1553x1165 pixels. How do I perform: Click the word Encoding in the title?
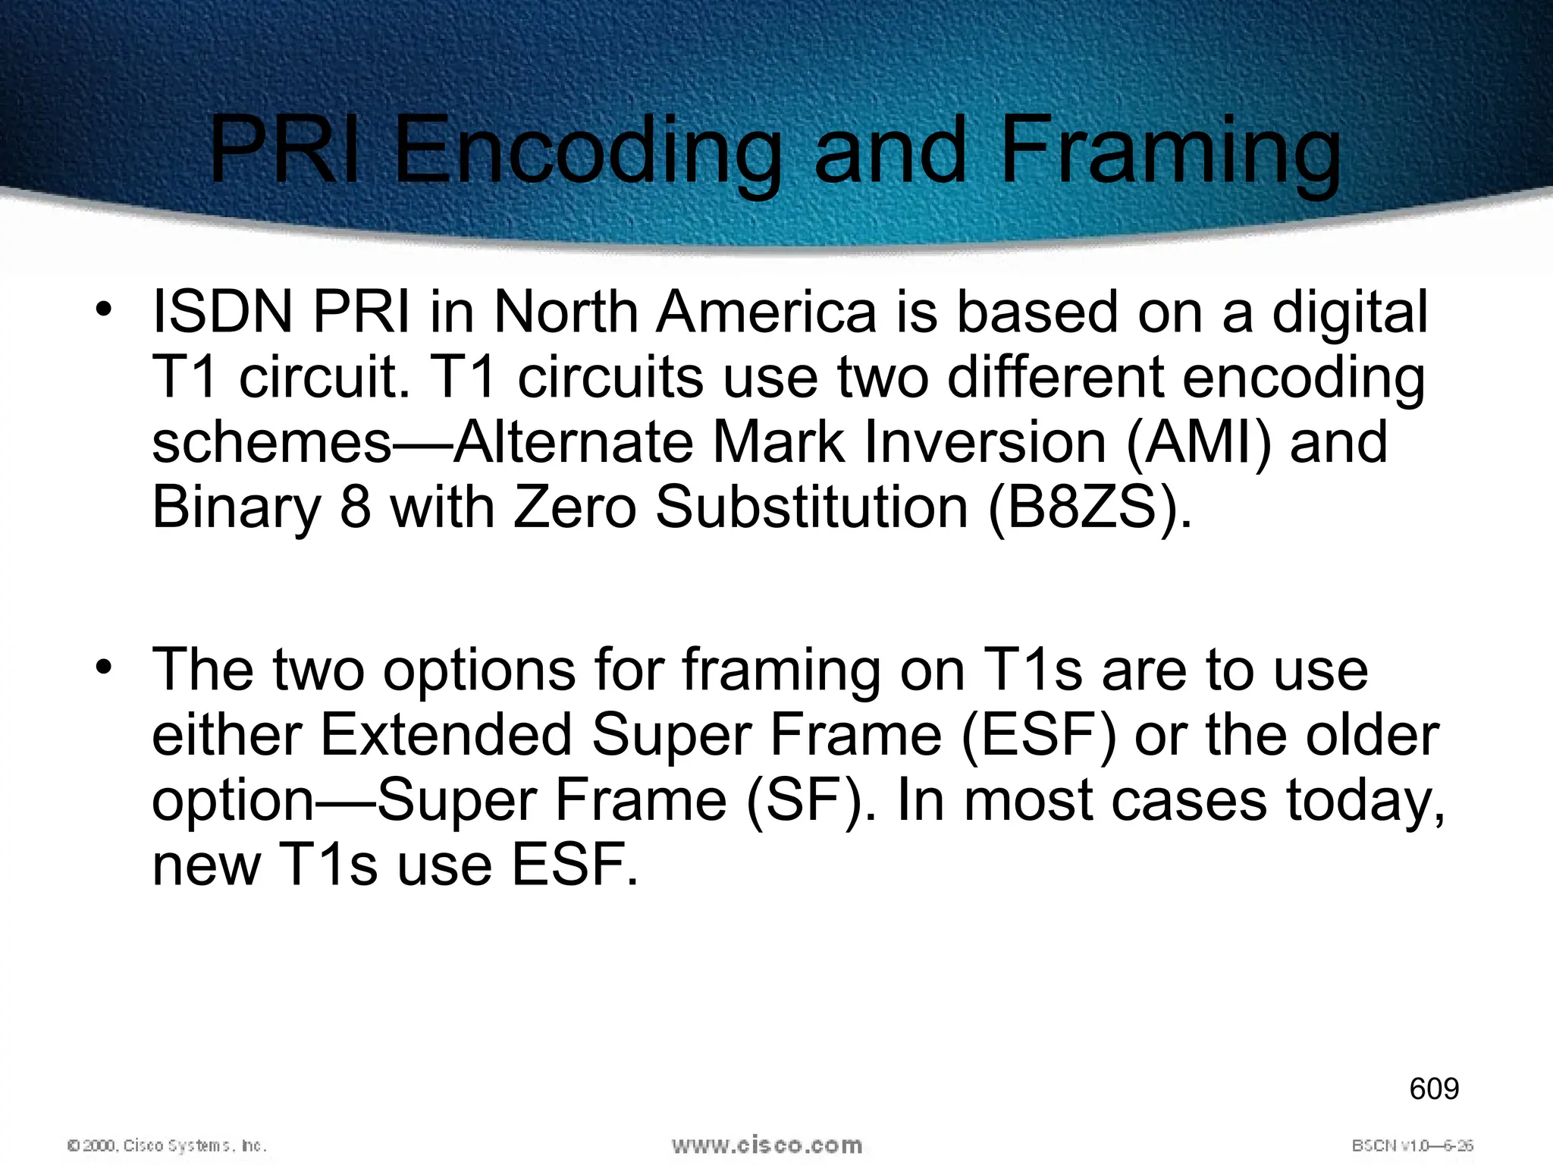tap(587, 151)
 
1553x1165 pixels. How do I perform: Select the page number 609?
tap(1434, 1088)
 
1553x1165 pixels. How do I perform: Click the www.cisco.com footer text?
tap(767, 1145)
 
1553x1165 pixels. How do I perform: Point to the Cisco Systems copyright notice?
tap(167, 1145)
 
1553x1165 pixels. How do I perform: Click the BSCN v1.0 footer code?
tap(1412, 1145)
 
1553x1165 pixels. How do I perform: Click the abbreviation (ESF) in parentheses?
tap(1039, 735)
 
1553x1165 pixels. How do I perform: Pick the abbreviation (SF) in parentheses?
tap(804, 800)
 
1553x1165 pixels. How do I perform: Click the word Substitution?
tap(811, 507)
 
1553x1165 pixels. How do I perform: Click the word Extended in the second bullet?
tap(446, 735)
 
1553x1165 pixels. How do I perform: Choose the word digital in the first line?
tap(1350, 313)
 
